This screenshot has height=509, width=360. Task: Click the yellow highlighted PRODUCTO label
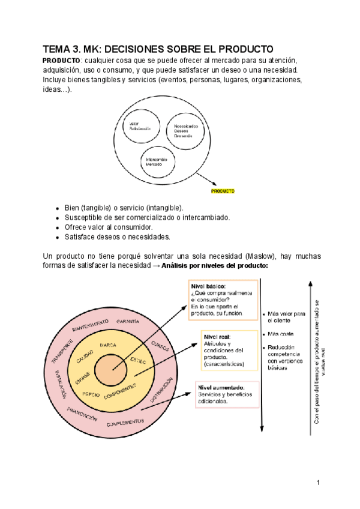tap(222, 191)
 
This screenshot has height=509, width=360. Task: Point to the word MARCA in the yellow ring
tap(108, 345)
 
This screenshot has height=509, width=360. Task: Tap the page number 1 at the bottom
tap(319, 483)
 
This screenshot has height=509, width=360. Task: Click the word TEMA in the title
tap(57, 49)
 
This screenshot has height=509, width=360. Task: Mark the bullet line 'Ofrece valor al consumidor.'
tap(109, 227)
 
